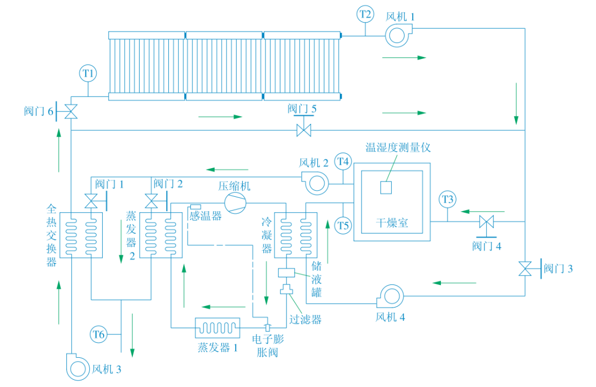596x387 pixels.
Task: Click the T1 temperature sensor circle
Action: point(88,73)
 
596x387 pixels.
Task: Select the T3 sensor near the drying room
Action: point(448,200)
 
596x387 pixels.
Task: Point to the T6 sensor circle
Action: point(99,334)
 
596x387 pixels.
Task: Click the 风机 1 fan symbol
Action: point(397,35)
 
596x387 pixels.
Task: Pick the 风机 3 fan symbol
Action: point(78,367)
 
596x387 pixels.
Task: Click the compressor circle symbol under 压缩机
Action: point(235,202)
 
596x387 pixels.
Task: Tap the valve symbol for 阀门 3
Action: point(525,269)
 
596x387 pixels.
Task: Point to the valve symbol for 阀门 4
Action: point(487,222)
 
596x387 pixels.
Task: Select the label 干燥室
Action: point(392,223)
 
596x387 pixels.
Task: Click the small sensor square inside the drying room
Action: point(386,187)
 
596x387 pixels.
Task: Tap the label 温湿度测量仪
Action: point(398,147)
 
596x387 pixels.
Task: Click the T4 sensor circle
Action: point(343,162)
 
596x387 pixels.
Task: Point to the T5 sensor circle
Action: point(343,225)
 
